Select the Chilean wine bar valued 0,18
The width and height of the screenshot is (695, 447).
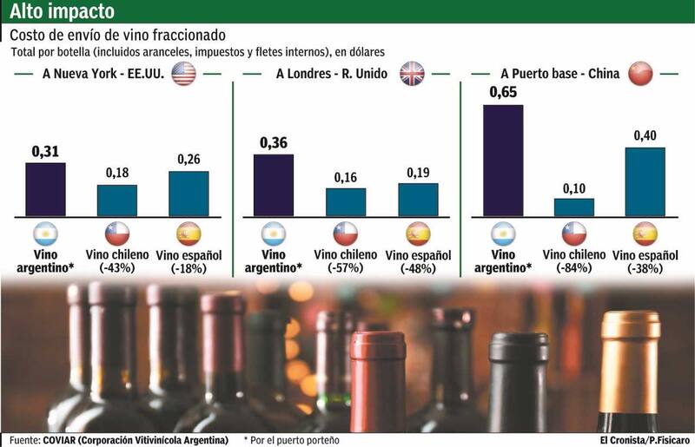[116, 200]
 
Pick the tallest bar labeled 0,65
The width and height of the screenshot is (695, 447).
[502, 160]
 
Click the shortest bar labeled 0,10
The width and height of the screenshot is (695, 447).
[574, 207]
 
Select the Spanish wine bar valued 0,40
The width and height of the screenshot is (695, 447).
[645, 181]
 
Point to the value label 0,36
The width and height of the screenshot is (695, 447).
[272, 143]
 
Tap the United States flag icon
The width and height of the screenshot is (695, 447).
[182, 75]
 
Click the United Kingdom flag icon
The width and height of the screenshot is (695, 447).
[411, 75]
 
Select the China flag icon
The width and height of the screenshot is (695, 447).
[639, 74]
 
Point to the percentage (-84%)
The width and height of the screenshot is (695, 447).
[574, 268]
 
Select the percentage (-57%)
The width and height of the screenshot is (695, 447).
[346, 268]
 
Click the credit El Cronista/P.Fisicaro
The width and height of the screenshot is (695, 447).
[642, 440]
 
